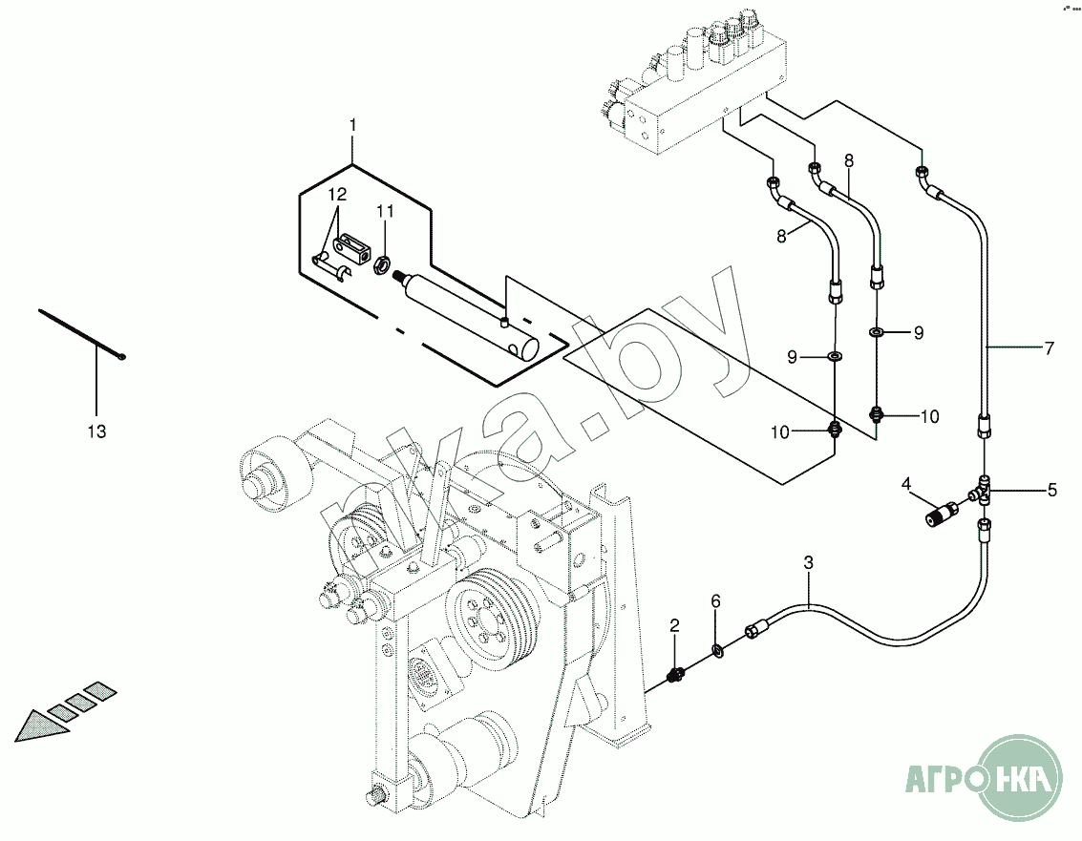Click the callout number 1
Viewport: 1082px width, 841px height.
click(352, 125)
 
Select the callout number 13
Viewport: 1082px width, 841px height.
click(96, 431)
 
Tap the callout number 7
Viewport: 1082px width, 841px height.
click(1049, 348)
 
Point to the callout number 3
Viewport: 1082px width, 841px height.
click(808, 563)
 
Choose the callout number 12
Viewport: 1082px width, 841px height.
click(336, 195)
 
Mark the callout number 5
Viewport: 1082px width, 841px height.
click(1051, 491)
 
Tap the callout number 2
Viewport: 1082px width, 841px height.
click(674, 626)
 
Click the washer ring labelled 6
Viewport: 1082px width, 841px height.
click(716, 652)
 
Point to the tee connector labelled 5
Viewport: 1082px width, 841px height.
click(986, 493)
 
